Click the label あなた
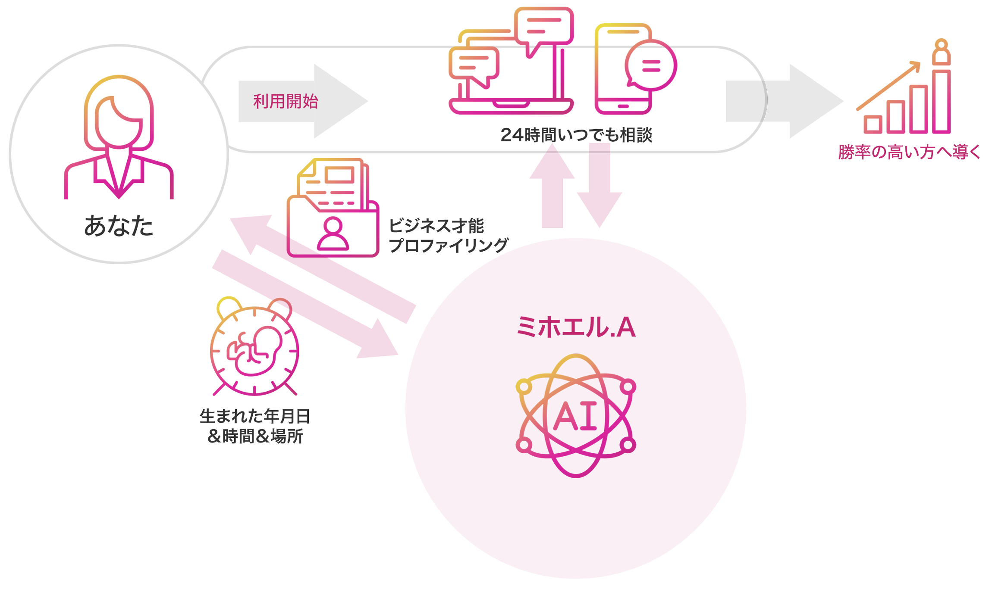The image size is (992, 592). (x=119, y=226)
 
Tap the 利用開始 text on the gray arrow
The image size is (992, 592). (x=286, y=102)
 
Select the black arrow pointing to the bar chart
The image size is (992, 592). (x=807, y=101)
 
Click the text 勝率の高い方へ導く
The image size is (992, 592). (x=909, y=152)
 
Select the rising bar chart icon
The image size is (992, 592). (x=906, y=99)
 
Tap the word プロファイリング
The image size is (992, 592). (x=448, y=246)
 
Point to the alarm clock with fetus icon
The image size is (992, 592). (x=254, y=347)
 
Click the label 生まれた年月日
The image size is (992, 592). (x=255, y=416)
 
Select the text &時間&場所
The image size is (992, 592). (x=255, y=436)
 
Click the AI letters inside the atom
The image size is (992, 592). (x=575, y=416)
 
